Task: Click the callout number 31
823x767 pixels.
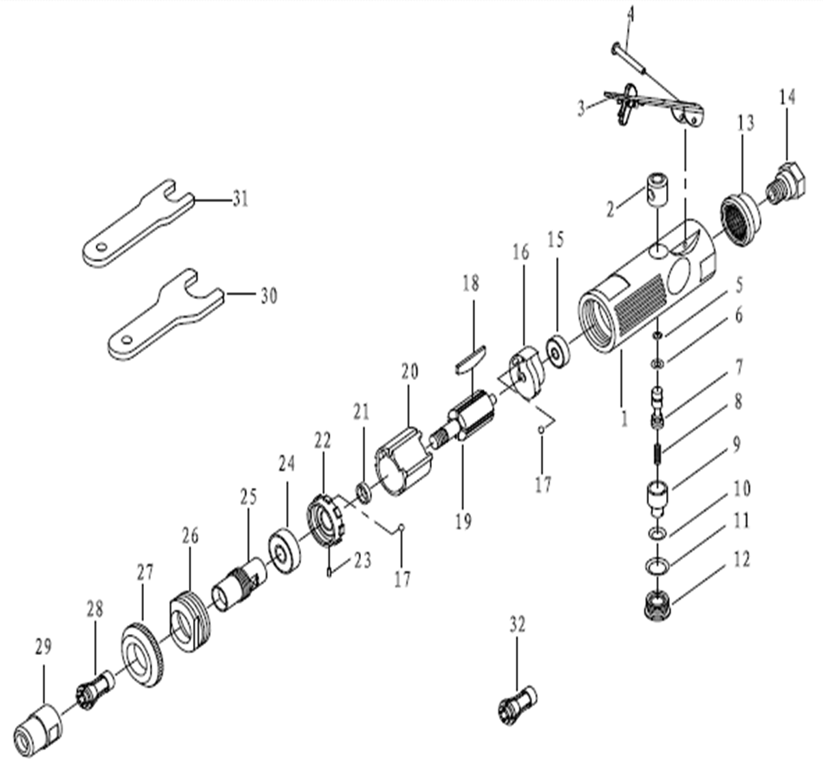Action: pyautogui.click(x=240, y=199)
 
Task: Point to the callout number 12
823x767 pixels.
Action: pyautogui.click(x=741, y=560)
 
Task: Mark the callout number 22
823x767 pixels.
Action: pyautogui.click(x=322, y=441)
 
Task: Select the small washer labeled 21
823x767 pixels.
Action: pyautogui.click(x=364, y=491)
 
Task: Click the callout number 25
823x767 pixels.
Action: pyautogui.click(x=248, y=497)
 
